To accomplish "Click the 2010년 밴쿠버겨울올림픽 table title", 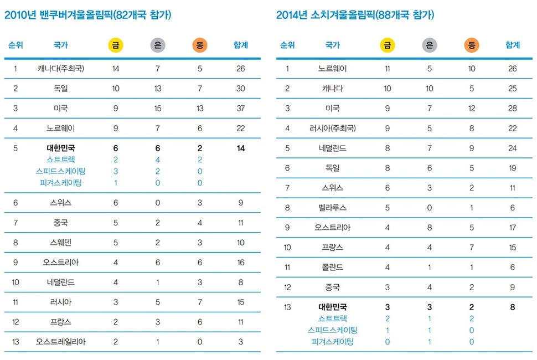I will click(x=87, y=16).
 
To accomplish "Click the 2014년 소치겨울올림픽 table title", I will click(x=355, y=16).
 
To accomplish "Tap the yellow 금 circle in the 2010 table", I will click(x=116, y=45).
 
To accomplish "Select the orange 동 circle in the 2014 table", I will click(x=472, y=45).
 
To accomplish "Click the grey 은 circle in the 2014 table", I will click(x=428, y=45).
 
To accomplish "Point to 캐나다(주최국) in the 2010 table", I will click(x=61, y=69).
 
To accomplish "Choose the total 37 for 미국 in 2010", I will click(x=241, y=108).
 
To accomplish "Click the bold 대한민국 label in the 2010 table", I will click(x=61, y=148).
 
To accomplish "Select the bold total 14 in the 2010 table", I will click(x=241, y=148).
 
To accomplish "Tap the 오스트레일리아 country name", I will click(x=61, y=342).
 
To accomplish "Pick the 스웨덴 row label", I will click(x=61, y=242).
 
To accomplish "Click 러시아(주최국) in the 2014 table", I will click(x=333, y=128).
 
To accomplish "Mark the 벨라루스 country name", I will click(x=333, y=207).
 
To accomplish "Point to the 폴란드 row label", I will click(x=333, y=267).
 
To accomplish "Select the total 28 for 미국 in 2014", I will click(x=513, y=108).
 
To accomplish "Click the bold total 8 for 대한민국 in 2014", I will click(x=513, y=306).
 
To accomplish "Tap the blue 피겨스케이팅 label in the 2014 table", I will click(x=333, y=342).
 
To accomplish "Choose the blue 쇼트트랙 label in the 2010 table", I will click(x=61, y=160).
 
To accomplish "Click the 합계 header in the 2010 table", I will click(x=241, y=45).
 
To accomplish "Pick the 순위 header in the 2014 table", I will click(x=287, y=45).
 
